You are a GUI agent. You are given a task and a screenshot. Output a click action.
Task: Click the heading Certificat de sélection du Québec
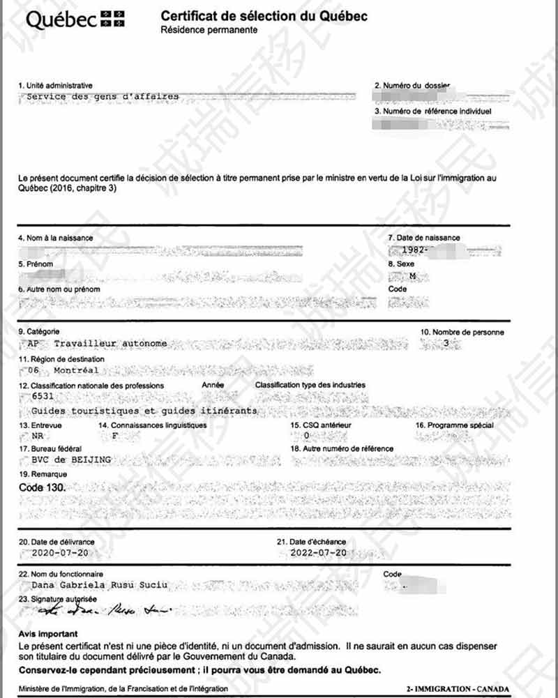(x=264, y=16)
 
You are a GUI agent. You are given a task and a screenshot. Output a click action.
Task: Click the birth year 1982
(x=414, y=249)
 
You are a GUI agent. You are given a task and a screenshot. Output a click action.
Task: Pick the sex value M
(x=412, y=276)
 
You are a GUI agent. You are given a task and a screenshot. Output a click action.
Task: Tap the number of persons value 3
(x=447, y=344)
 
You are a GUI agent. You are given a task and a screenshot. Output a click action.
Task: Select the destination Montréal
(x=76, y=370)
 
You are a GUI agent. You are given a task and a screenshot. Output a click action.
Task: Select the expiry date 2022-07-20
(x=318, y=552)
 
